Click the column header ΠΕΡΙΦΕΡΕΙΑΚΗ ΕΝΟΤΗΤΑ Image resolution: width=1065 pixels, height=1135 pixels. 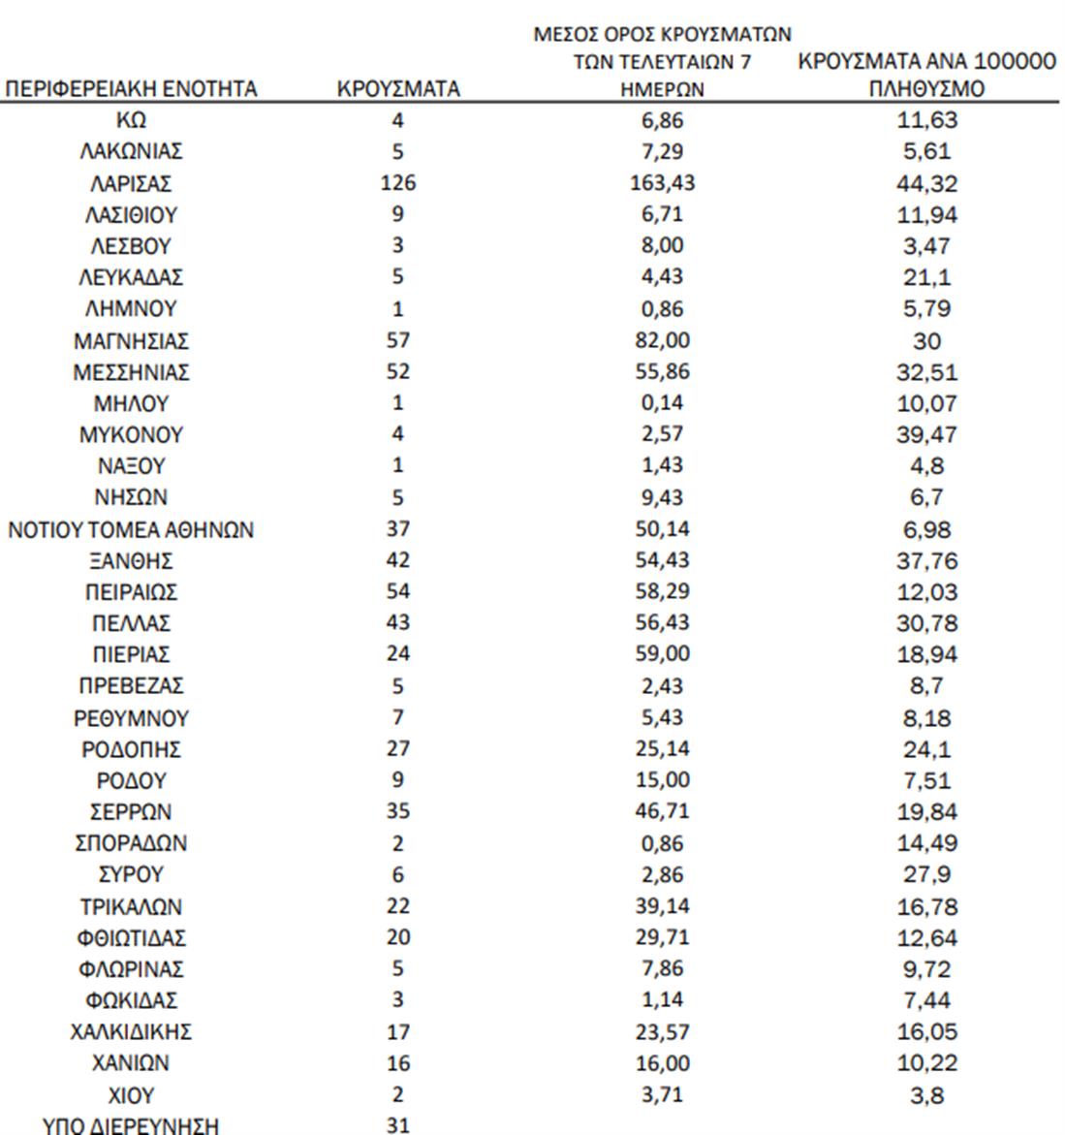(131, 89)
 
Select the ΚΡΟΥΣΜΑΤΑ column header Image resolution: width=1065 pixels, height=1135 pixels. (397, 89)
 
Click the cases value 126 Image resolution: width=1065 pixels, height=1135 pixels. (397, 183)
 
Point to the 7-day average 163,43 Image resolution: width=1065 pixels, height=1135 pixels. (662, 183)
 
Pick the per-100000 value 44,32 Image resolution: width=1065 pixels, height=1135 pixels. (926, 183)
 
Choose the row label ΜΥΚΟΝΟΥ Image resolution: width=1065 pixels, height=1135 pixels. (131, 434)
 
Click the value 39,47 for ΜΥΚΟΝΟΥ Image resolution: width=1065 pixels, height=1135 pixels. (926, 434)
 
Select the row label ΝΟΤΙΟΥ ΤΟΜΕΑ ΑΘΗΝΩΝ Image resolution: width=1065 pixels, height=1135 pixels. (131, 530)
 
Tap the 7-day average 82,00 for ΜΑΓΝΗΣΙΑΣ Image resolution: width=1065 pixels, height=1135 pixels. (662, 340)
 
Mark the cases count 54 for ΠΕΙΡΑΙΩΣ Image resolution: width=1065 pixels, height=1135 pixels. (397, 591)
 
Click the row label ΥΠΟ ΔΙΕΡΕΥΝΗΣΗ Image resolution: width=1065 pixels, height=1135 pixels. (131, 1125)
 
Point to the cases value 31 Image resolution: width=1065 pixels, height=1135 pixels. (397, 1125)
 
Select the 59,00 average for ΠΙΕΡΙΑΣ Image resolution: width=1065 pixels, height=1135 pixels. (662, 654)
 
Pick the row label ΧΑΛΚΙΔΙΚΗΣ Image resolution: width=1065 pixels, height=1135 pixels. (131, 1031)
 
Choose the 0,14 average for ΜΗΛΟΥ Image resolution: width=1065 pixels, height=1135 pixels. (662, 403)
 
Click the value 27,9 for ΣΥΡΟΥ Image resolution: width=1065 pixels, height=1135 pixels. (926, 874)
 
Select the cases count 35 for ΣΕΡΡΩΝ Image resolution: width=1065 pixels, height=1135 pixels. (397, 811)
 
